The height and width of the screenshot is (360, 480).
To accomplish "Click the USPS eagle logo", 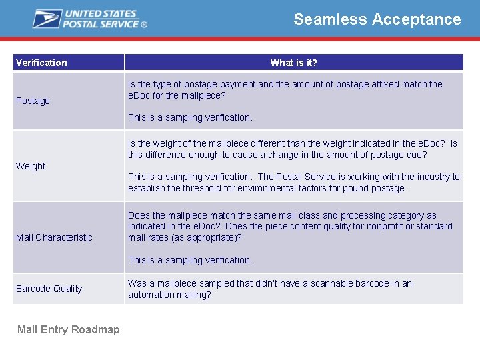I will (x=47, y=19).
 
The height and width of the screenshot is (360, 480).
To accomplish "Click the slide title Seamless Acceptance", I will (x=377, y=19).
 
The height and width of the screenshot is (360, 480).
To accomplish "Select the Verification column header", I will (x=41, y=63).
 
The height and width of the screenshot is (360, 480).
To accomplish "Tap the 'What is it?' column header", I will (x=293, y=63).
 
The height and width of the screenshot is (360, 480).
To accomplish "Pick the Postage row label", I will (x=33, y=101).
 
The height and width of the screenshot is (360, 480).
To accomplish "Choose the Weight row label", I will (x=31, y=166).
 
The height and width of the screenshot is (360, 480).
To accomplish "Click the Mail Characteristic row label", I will (x=54, y=237).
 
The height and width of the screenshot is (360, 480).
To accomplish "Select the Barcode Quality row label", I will (x=49, y=289).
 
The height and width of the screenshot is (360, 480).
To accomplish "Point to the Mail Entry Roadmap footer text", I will (x=68, y=330).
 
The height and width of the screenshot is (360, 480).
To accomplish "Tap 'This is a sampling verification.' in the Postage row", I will (x=190, y=117).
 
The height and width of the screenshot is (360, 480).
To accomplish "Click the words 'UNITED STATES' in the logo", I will (x=100, y=14).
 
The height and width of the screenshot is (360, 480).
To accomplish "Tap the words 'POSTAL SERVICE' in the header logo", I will (x=101, y=24).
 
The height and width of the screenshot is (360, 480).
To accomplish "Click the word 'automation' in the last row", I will (x=151, y=295).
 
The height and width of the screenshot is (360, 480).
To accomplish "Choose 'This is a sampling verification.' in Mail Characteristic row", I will (x=190, y=260).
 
